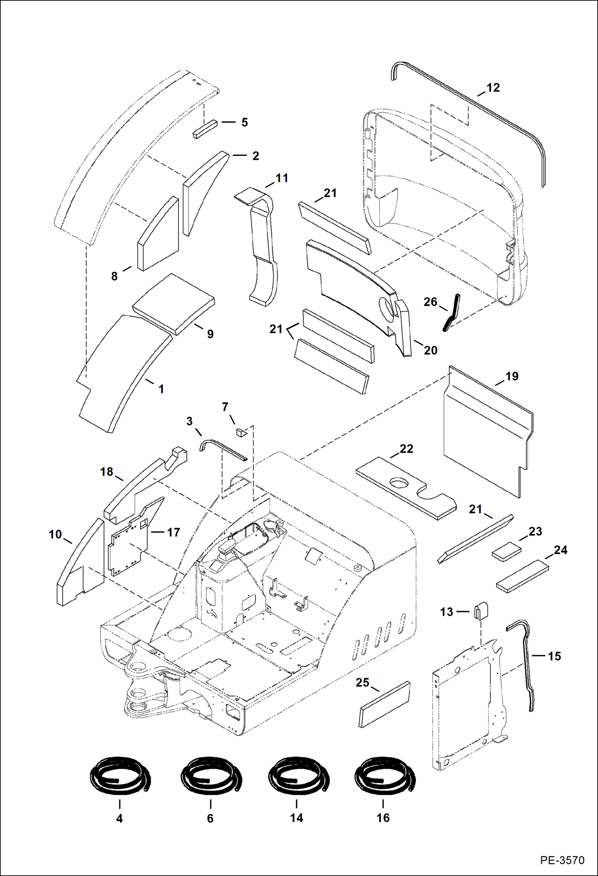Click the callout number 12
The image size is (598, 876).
coord(493,88)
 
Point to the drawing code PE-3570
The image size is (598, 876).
coord(562,859)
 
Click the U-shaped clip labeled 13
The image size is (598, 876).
coord(480,612)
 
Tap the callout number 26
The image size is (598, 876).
coord(430,302)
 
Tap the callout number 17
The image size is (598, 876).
coord(173,532)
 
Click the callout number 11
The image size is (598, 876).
coord(282,178)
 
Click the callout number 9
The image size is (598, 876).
coord(210,334)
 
